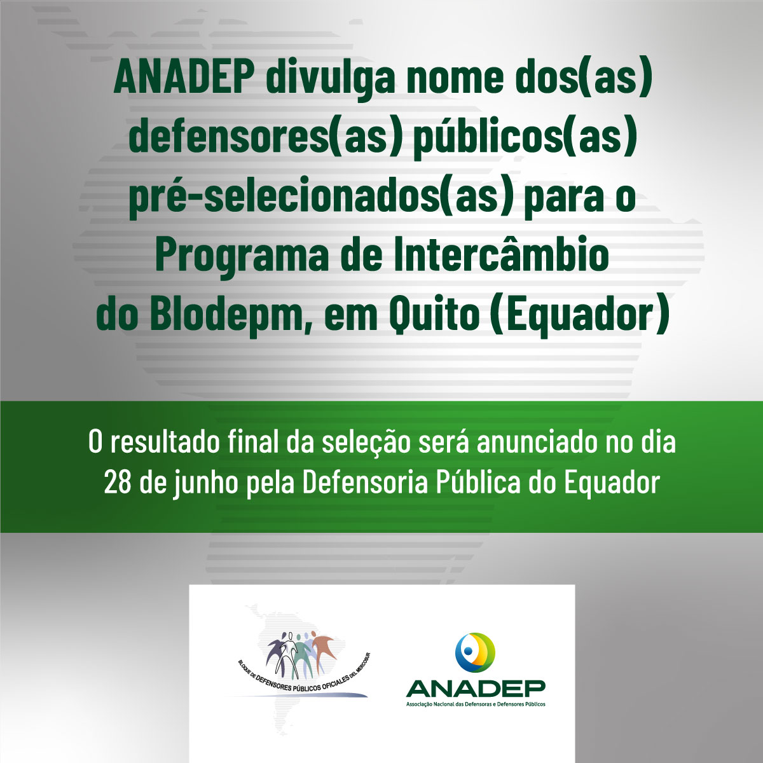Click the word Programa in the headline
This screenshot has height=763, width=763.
[x=242, y=257]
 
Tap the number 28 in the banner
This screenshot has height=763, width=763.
[x=117, y=483]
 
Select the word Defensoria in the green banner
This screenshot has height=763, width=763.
[x=365, y=482]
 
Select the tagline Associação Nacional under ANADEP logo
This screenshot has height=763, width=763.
[x=476, y=705]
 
